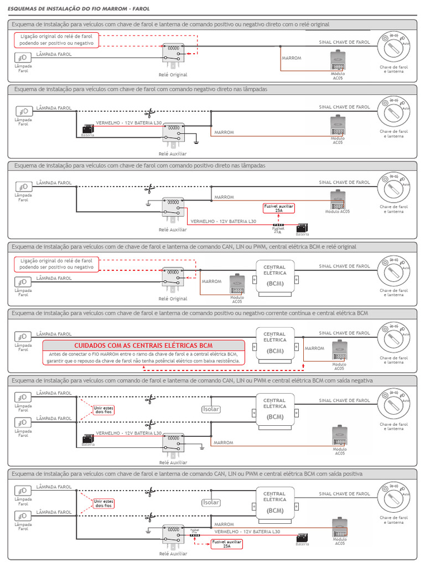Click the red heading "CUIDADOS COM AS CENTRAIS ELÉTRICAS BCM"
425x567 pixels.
coord(143,345)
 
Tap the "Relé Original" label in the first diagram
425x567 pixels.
coord(173,74)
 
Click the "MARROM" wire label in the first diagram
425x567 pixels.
coord(291,58)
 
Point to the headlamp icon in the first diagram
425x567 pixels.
coord(23,58)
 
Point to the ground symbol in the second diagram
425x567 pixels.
coord(196,142)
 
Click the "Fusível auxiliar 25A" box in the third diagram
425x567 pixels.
coord(278,208)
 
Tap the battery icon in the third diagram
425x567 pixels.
coord(302,228)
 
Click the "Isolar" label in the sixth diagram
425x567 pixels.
coord(211,410)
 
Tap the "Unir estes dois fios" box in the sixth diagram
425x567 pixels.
coord(103,410)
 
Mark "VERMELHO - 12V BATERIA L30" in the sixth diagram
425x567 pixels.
coord(129,433)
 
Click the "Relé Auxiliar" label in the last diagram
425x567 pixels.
coord(173,553)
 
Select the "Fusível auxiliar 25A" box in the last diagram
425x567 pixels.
coord(226,544)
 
